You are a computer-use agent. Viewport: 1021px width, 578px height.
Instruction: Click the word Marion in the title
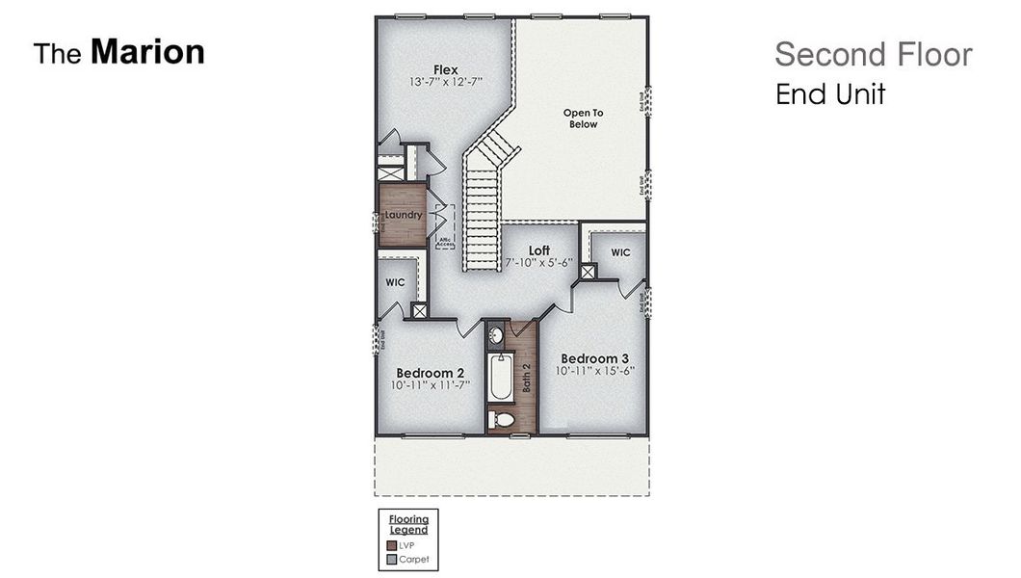(147, 52)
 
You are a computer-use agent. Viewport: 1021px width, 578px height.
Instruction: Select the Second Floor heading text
(873, 55)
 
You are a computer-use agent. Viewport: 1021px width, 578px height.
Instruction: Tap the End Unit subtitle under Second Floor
(830, 94)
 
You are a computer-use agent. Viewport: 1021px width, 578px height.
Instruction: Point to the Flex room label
(445, 69)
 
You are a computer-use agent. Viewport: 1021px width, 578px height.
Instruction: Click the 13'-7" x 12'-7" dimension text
(445, 83)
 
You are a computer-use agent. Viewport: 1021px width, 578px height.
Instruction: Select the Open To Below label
(583, 118)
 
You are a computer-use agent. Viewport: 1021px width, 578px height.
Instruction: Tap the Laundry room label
(403, 215)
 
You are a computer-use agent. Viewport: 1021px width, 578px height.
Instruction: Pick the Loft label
(538, 250)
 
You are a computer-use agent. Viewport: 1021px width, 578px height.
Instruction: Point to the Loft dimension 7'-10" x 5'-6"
(538, 262)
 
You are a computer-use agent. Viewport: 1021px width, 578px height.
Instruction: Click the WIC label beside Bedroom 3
(620, 252)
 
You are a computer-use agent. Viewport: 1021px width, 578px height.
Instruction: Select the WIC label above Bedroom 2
(395, 283)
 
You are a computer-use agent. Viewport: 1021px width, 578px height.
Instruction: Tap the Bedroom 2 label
(431, 373)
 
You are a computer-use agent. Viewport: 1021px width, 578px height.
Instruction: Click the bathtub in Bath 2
(501, 378)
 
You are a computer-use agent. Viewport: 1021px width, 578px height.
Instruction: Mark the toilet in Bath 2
(502, 420)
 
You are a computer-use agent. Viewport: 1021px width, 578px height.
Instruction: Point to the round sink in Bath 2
(495, 336)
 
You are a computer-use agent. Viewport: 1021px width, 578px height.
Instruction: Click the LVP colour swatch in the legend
(392, 545)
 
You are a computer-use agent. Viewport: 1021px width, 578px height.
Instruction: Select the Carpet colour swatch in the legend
(392, 559)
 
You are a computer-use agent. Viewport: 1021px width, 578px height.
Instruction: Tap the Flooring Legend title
(408, 525)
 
